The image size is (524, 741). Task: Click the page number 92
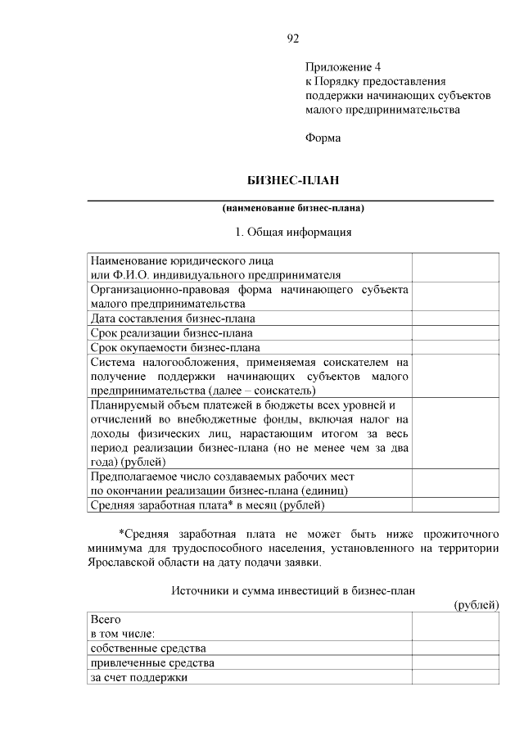pos(293,38)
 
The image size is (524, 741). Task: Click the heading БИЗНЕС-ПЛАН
pos(293,179)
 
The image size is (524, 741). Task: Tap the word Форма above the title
pos(323,138)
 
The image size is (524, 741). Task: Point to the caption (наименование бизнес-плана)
pos(292,207)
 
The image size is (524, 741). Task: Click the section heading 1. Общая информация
pos(293,232)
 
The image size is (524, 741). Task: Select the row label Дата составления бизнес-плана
pos(173,318)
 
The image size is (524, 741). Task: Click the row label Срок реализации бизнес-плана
pos(171,332)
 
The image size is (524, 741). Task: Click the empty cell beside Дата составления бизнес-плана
pos(456,318)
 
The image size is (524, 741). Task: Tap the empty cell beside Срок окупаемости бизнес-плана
pos(456,346)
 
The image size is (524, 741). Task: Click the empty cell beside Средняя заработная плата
pos(456,504)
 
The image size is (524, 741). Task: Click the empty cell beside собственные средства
pos(456,648)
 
